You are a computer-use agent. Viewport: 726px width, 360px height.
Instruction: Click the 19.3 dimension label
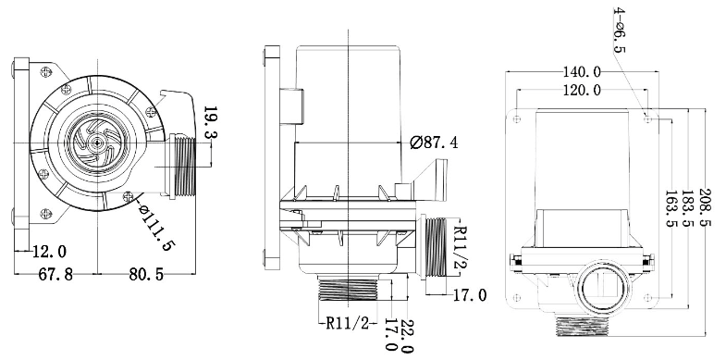point(211,122)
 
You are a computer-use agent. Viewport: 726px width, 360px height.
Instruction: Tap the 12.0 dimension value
point(49,252)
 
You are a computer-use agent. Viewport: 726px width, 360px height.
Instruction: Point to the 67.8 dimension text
point(55,274)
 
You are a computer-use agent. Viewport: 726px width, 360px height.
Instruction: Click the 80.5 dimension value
point(146,274)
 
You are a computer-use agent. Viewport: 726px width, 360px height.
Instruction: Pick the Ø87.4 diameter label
point(434,143)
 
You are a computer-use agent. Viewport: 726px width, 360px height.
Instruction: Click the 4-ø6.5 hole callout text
point(619,30)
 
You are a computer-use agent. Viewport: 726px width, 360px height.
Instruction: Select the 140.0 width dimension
point(582,72)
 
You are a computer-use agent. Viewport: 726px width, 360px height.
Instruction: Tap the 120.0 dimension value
point(582,90)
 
